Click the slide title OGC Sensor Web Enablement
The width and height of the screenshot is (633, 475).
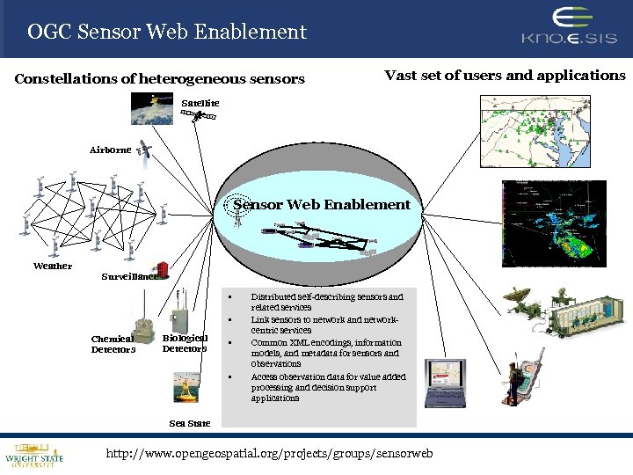167,33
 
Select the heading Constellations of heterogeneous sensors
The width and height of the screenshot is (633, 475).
159,79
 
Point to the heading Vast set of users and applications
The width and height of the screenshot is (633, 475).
505,76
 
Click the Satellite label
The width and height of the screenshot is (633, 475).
200,103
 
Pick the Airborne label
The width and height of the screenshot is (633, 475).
110,150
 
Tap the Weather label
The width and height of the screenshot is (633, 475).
53,266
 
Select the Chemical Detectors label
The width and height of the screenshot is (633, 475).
113,344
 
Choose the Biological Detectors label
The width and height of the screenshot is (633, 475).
185,343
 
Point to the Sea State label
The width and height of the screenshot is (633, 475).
190,423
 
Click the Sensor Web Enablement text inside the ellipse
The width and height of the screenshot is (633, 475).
322,205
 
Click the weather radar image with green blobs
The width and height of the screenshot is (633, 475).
555,223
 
